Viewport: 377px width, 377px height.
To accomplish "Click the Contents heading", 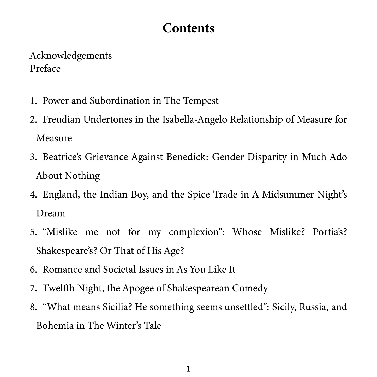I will [x=188, y=28].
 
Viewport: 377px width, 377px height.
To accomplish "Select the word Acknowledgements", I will [x=71, y=56].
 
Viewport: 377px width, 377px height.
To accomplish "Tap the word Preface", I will [x=45, y=69].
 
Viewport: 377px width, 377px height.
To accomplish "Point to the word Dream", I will [x=51, y=213].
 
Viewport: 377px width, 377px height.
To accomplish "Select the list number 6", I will [x=33, y=270].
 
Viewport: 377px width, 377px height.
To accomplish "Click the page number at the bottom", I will [x=188, y=369].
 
